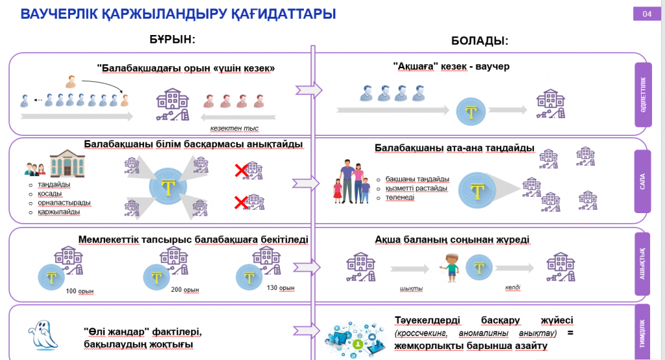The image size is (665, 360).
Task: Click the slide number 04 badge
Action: click(x=646, y=14)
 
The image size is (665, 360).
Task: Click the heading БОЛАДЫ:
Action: click(x=479, y=40)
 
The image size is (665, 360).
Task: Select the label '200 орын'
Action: click(x=185, y=290)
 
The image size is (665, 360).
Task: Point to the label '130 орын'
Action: click(x=281, y=288)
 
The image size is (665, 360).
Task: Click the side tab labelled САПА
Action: click(x=642, y=182)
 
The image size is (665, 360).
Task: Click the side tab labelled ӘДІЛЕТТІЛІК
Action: click(x=642, y=94)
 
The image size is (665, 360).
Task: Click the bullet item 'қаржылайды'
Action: click(x=59, y=211)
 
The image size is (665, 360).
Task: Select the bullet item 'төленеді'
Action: click(x=399, y=197)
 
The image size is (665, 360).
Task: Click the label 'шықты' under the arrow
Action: click(x=410, y=288)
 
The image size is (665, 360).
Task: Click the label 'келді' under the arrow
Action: click(x=512, y=287)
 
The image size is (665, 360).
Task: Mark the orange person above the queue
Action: click(x=71, y=81)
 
